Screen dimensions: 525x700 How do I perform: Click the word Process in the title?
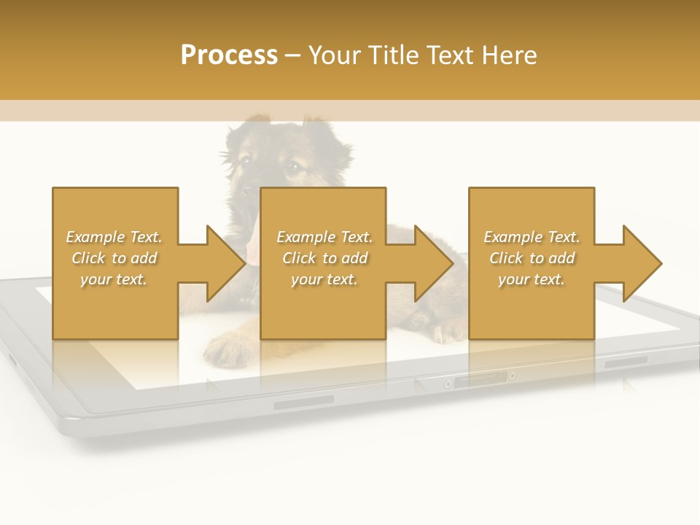pos(229,55)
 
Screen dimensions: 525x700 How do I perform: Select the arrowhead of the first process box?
pos(226,263)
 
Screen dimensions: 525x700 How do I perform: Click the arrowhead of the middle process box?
pos(435,263)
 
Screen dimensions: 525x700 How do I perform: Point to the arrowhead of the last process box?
pos(642,263)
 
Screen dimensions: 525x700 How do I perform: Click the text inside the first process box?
pos(114,258)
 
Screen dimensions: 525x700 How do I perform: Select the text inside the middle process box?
pos(324,258)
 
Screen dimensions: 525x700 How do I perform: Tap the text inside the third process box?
pos(532,258)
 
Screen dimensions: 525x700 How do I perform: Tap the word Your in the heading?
pos(333,55)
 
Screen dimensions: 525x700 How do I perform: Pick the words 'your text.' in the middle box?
pos(324,279)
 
